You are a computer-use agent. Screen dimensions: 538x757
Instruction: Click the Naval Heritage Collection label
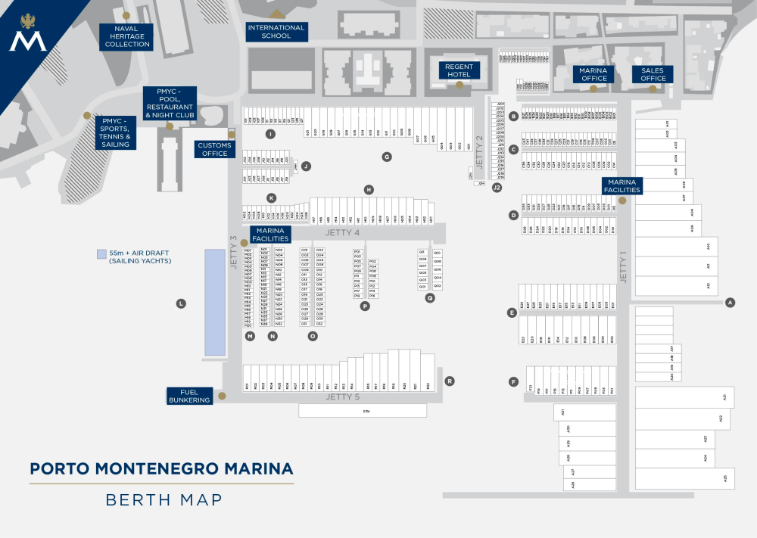click(x=127, y=36)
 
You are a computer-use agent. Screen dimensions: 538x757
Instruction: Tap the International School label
click(x=276, y=32)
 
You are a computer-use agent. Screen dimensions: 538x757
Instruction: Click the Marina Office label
click(x=593, y=74)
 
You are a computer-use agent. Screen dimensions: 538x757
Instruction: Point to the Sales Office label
click(x=653, y=74)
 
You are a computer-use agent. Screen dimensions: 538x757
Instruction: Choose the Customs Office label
click(x=215, y=149)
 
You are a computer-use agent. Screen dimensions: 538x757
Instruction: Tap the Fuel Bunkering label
click(x=189, y=396)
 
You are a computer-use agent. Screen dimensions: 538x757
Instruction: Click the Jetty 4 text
click(x=342, y=232)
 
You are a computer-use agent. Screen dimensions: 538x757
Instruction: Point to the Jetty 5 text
click(x=342, y=397)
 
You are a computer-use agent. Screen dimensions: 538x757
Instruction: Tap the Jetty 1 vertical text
click(x=624, y=267)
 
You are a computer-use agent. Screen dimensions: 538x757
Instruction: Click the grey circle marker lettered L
click(x=181, y=303)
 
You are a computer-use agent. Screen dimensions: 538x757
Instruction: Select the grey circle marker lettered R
click(x=450, y=381)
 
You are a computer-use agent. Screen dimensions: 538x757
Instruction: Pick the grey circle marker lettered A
click(x=731, y=303)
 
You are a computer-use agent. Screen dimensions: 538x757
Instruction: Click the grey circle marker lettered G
click(x=387, y=157)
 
